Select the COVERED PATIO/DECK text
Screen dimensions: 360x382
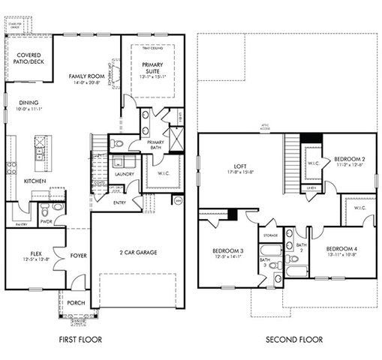pos(29,58)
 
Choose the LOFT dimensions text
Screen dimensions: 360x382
pos(241,172)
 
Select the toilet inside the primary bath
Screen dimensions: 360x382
pos(117,142)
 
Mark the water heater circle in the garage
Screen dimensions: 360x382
pos(177,201)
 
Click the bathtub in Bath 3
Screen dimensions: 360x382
pos(269,250)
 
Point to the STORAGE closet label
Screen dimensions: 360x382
pos(270,235)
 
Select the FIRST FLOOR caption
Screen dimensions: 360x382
pos(80,340)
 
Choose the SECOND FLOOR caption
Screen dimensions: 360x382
pos(294,340)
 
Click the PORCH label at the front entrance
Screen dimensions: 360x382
pos(75,304)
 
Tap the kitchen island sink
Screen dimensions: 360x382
pos(39,153)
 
